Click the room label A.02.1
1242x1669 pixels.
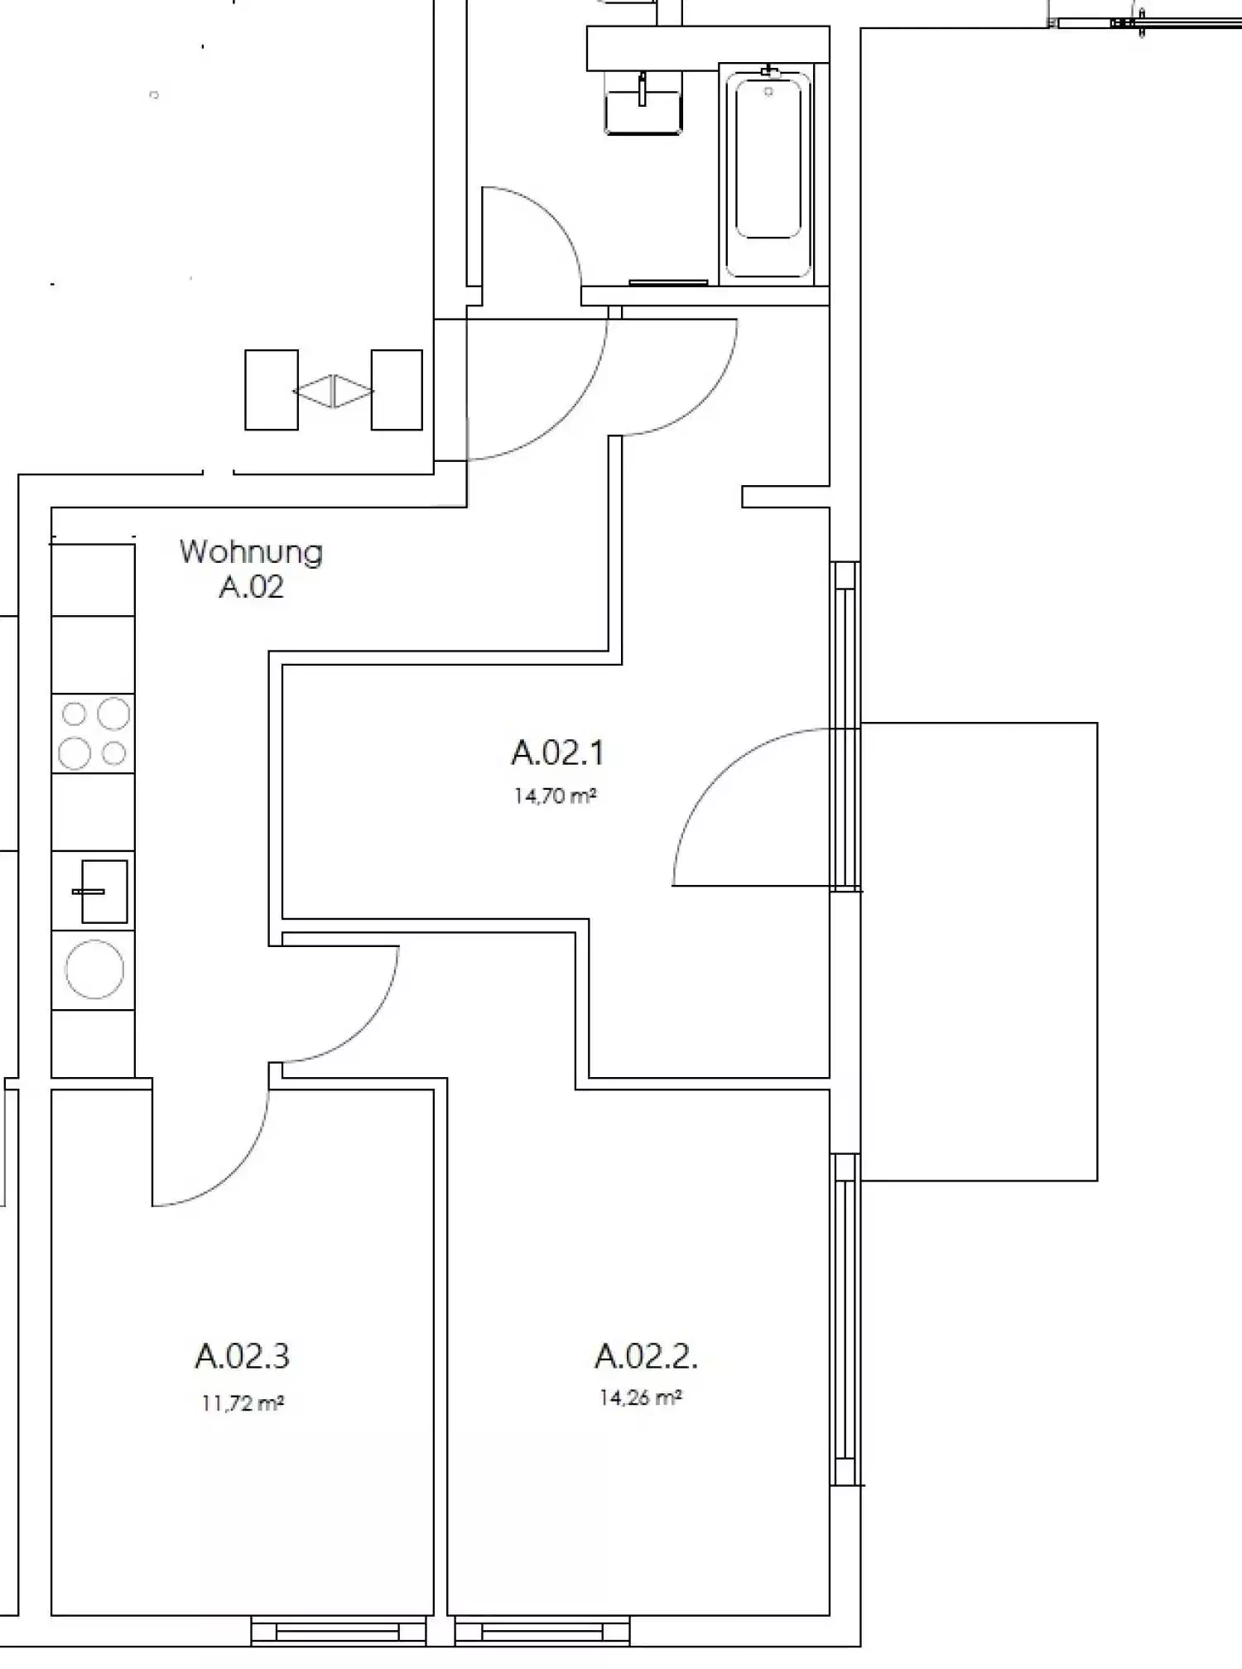coord(557,753)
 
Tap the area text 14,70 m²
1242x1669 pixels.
coord(555,796)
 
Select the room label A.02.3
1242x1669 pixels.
coord(242,1356)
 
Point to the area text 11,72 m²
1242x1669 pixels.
coord(242,1403)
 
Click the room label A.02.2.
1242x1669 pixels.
coord(646,1356)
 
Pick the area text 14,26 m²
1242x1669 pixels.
coord(640,1397)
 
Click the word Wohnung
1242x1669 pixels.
coord(251,551)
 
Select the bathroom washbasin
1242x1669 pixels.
coord(643,103)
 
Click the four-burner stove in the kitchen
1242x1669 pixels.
coord(93,733)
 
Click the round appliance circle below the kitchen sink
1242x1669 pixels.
coord(94,969)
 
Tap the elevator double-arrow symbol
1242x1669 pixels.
coord(334,391)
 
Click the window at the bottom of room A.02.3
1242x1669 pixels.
coord(338,1632)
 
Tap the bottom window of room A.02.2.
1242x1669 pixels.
coord(542,1632)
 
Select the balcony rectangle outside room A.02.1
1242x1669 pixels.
coord(980,951)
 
